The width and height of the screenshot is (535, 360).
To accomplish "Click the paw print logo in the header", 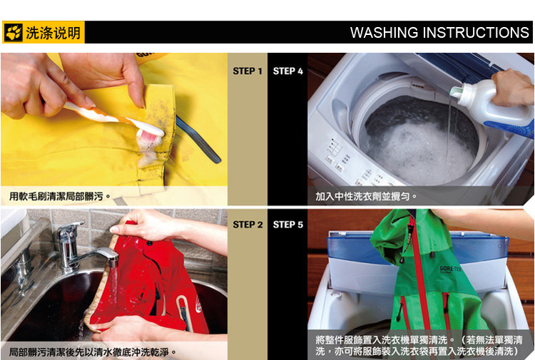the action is click(x=14, y=32).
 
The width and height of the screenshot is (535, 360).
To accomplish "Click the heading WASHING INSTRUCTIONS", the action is click(x=439, y=33).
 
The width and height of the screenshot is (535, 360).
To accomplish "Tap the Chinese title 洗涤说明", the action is click(x=53, y=33).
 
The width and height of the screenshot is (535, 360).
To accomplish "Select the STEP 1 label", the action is click(x=248, y=71).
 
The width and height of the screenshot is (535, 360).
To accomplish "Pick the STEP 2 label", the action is click(x=248, y=225).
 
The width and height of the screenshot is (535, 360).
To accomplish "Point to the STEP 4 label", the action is click(x=288, y=71).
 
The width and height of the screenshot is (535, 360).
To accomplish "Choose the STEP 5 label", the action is click(x=288, y=225).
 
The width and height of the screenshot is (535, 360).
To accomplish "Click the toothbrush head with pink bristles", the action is click(x=150, y=133).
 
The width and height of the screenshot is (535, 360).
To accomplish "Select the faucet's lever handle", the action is click(x=71, y=227).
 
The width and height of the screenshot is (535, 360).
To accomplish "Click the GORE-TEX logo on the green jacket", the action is click(x=450, y=269).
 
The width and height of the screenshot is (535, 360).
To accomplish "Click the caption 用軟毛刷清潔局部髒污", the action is click(x=56, y=196).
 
